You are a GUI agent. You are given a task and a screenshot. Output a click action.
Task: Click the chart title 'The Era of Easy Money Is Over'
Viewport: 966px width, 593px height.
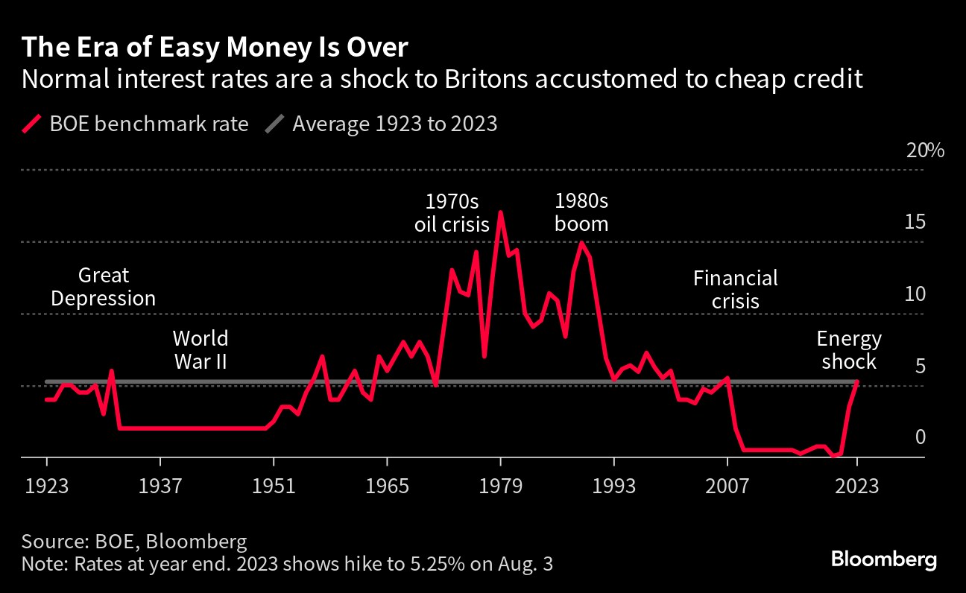coord(215,48)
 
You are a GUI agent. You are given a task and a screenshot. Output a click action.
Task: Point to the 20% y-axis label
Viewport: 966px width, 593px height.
coord(925,150)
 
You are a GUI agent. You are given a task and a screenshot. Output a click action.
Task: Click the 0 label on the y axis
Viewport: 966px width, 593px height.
coord(920,437)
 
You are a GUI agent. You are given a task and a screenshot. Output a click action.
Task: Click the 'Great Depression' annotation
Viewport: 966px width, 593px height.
coord(104,288)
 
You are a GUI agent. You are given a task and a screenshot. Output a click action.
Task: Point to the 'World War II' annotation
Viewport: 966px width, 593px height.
coord(200,350)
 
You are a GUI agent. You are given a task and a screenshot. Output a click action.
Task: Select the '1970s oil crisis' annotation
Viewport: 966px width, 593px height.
coord(452,212)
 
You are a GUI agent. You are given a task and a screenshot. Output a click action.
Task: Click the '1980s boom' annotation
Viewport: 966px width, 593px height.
coord(581,212)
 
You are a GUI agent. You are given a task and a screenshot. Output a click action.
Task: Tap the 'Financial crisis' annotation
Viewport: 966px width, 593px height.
coord(735,290)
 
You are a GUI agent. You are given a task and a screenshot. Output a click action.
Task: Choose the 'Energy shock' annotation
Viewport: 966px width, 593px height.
coord(849,350)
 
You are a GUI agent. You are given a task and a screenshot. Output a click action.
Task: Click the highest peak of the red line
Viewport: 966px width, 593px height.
coord(501,212)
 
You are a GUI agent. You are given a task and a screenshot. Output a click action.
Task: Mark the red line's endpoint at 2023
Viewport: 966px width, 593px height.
coord(857,382)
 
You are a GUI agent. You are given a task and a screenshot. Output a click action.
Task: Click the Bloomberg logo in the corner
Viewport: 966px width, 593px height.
coord(884,559)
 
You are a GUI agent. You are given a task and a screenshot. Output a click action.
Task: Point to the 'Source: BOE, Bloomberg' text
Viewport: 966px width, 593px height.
coord(134,541)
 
